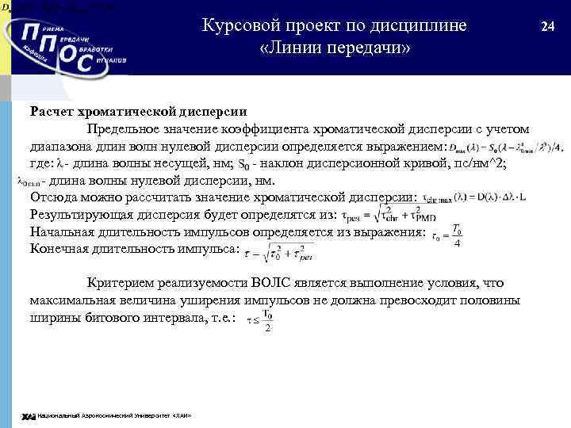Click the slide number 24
[547, 26]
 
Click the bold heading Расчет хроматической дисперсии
[138, 112]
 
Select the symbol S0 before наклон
[243, 165]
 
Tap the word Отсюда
[56, 197]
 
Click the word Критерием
[123, 283]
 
